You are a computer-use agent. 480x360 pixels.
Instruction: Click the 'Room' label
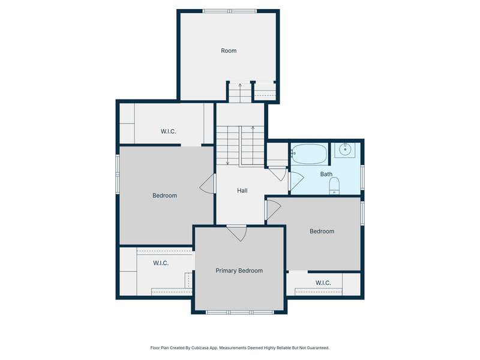(229, 50)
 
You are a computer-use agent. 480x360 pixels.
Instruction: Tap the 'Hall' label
(242, 190)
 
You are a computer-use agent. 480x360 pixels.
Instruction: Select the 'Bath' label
(326, 174)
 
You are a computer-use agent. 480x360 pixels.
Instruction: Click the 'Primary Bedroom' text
(239, 271)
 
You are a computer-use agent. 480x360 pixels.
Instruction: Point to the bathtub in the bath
(309, 154)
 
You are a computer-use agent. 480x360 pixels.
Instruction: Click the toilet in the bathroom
(334, 186)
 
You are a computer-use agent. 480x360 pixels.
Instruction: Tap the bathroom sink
(344, 149)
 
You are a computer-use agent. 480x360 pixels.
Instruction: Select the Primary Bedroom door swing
(236, 233)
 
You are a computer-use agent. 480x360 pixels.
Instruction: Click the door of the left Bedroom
(207, 184)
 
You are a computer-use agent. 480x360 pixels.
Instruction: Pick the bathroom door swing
(296, 181)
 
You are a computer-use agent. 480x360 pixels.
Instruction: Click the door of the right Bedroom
(273, 209)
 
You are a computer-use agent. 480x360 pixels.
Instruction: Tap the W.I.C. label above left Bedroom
(169, 131)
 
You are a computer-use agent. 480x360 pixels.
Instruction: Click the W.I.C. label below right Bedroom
(323, 283)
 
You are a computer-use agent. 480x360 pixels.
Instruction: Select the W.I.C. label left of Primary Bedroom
(161, 263)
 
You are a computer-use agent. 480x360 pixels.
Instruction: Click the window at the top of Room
(230, 11)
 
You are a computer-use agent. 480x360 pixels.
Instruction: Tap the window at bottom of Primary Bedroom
(239, 312)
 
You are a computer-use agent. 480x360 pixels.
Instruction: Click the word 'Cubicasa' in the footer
(198, 348)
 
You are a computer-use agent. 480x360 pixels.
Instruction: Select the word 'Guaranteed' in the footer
(319, 348)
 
